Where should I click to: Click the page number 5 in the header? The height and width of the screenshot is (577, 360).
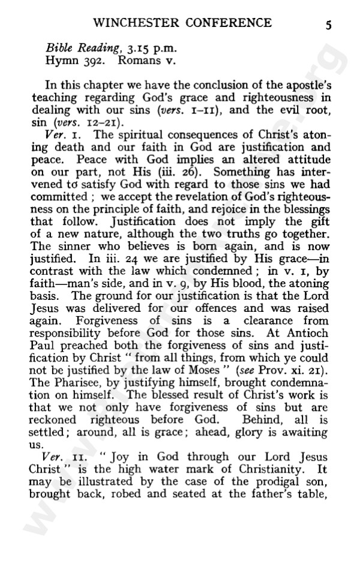click(x=329, y=25)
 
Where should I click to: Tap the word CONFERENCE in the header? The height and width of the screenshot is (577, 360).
click(x=230, y=23)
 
